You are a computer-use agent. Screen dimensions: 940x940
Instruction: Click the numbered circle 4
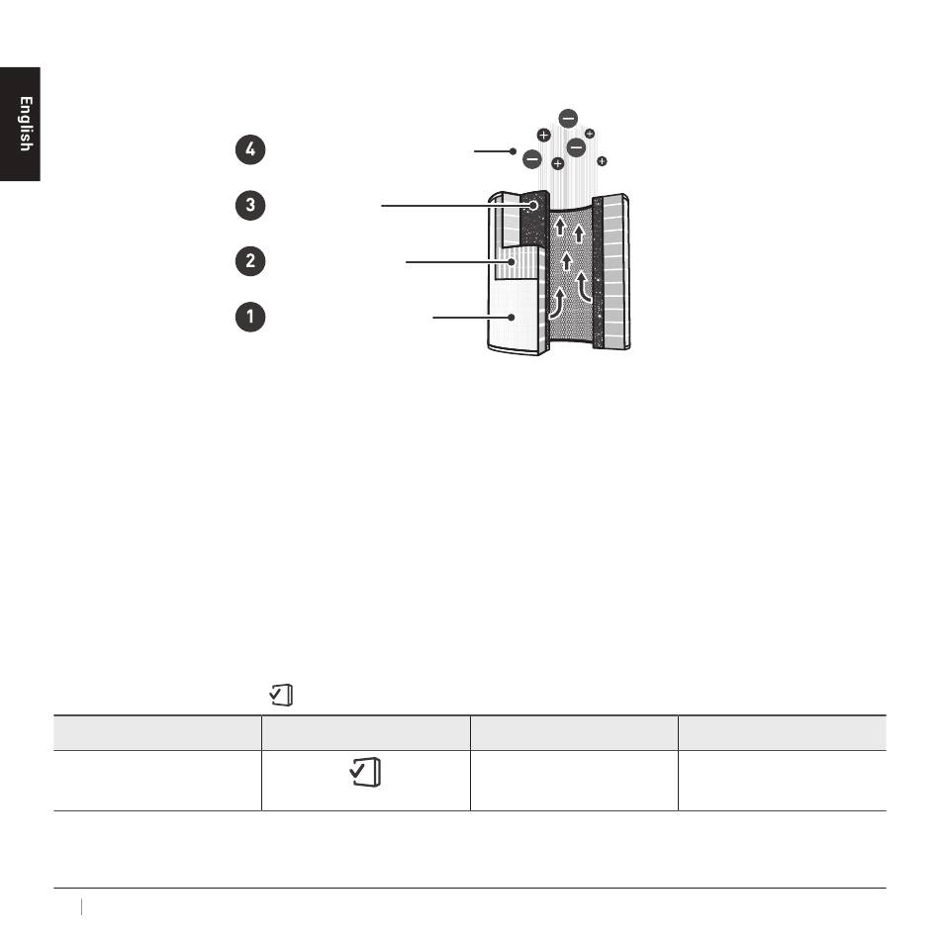[250, 149]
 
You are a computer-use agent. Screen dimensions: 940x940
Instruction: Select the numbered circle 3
[250, 205]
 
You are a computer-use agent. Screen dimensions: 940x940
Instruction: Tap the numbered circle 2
[250, 261]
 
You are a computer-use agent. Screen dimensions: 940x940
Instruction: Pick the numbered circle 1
[250, 317]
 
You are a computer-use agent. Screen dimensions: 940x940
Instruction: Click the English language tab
[20, 124]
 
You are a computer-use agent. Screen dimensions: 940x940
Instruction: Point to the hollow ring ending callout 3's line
[533, 206]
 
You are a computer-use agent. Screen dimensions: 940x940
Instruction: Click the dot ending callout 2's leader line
[512, 262]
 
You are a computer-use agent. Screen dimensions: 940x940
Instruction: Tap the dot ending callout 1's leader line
[512, 318]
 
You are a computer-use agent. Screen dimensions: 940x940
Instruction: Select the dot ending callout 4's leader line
[513, 151]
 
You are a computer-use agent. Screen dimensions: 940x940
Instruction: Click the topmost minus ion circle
[568, 118]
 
